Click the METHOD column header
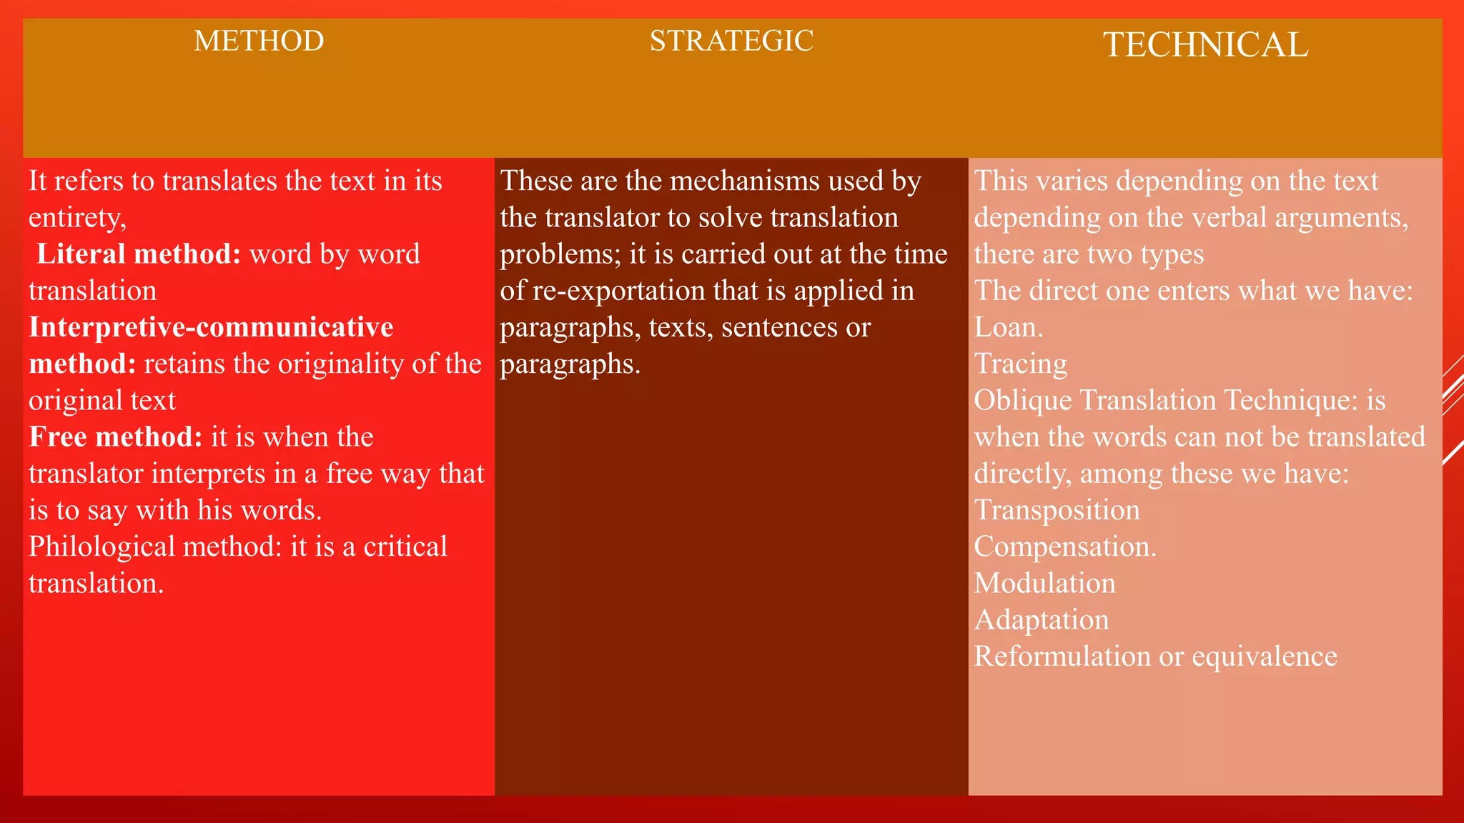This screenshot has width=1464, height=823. click(x=259, y=41)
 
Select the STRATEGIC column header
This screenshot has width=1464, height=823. click(x=731, y=41)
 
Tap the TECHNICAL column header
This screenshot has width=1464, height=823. click(x=1205, y=45)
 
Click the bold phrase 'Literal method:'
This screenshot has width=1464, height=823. click(x=139, y=254)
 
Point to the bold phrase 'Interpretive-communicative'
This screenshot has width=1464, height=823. click(x=211, y=327)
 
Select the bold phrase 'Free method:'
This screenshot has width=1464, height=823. click(x=116, y=437)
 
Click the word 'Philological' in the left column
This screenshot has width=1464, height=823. click(x=102, y=547)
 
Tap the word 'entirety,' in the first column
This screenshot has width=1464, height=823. click(x=77, y=218)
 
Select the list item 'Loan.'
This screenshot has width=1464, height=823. click(x=1008, y=327)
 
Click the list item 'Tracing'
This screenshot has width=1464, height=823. click(x=1020, y=364)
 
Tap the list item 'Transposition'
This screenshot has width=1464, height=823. click(x=1057, y=510)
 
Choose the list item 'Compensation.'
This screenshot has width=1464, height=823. click(x=1064, y=547)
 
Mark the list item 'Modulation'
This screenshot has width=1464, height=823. click(x=1044, y=584)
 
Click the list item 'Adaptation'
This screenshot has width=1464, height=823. click(x=1041, y=620)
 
